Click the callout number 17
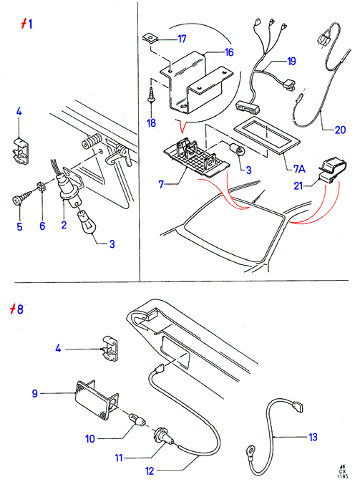click(182, 39)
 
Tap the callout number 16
click(229, 52)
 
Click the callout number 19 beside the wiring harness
click(291, 61)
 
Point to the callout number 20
click(340, 130)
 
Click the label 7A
click(299, 168)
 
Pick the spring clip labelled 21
click(332, 171)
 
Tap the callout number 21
click(298, 185)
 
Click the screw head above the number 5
click(17, 200)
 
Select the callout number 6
click(42, 226)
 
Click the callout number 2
click(64, 225)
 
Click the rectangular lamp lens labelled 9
click(97, 401)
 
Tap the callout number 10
click(90, 438)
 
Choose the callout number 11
click(119, 458)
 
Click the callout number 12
click(150, 471)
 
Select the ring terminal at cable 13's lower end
click(250, 450)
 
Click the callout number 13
click(313, 437)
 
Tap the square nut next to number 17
click(150, 38)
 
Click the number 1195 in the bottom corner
click(344, 476)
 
